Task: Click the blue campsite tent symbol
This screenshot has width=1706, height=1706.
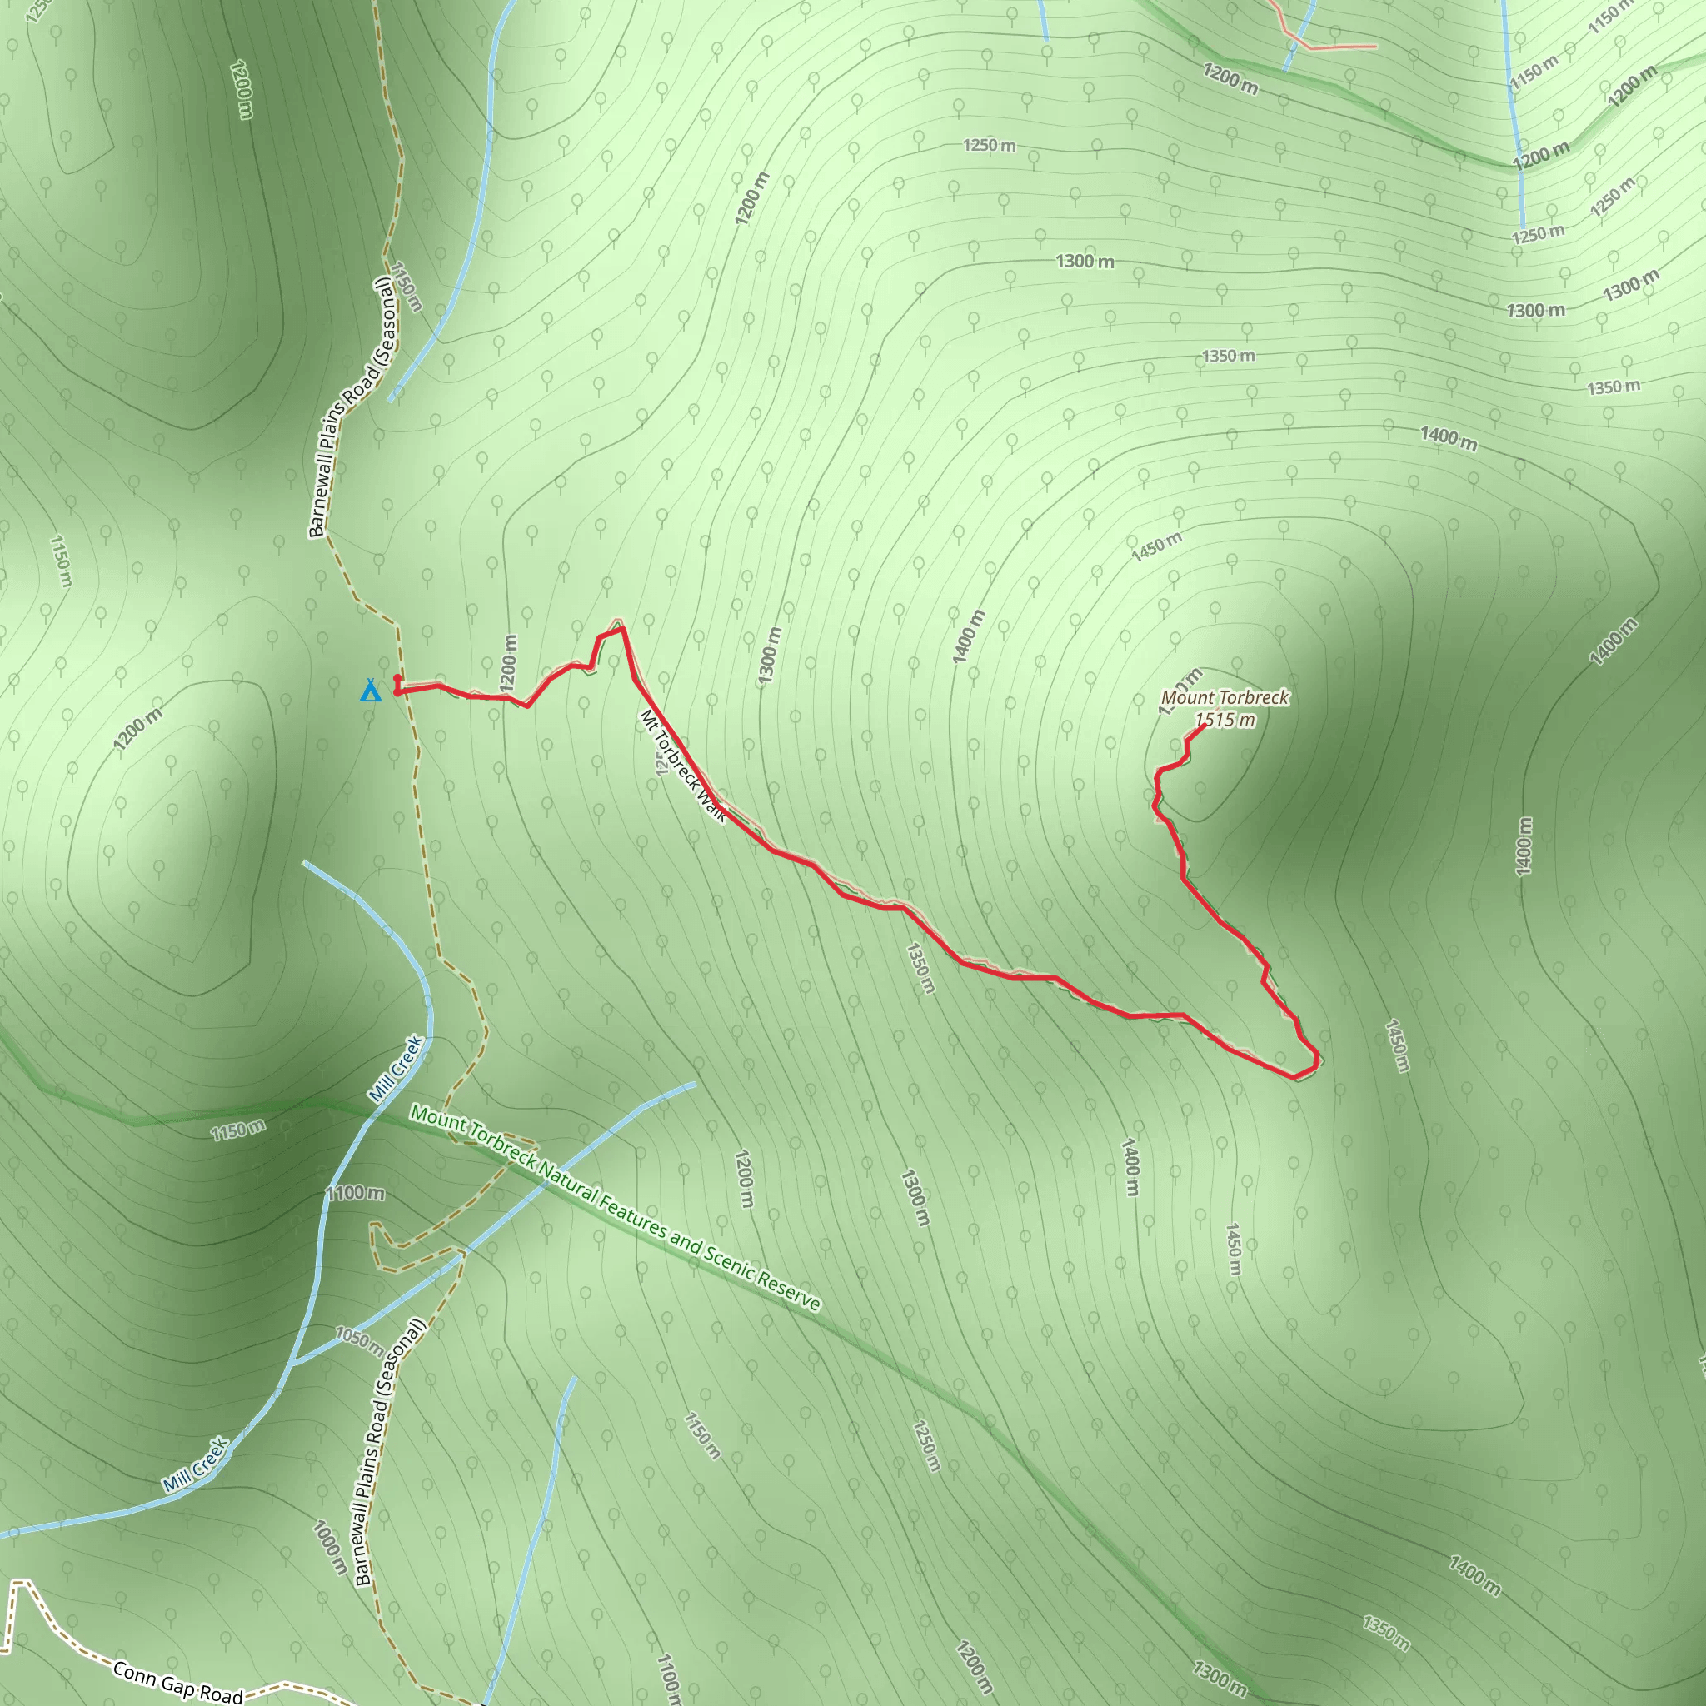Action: coord(371,690)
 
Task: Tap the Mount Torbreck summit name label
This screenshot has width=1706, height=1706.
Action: coord(1225,697)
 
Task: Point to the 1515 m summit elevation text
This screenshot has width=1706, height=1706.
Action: coord(1225,720)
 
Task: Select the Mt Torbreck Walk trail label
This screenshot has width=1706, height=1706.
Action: coord(682,766)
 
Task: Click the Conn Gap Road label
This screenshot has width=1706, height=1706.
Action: coord(177,1681)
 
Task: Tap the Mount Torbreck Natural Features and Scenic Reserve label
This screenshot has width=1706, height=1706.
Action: coord(616,1208)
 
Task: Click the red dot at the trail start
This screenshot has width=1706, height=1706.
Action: coord(397,678)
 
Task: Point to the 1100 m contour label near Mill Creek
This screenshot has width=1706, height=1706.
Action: coord(356,1193)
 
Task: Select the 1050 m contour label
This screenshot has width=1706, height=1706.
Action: coord(358,1341)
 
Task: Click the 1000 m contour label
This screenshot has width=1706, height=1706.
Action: coord(329,1547)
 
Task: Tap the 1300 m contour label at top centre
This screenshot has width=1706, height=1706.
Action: coord(1085,262)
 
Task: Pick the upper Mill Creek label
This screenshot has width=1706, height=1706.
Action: coord(397,1069)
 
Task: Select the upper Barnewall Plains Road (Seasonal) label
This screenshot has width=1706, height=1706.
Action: coord(351,407)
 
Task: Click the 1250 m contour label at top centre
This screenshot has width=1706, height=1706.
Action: coord(989,145)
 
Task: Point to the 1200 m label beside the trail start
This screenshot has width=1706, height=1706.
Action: coord(510,662)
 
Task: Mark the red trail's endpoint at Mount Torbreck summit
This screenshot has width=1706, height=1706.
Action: coord(1205,726)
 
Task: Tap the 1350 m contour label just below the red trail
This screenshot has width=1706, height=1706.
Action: coord(920,969)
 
